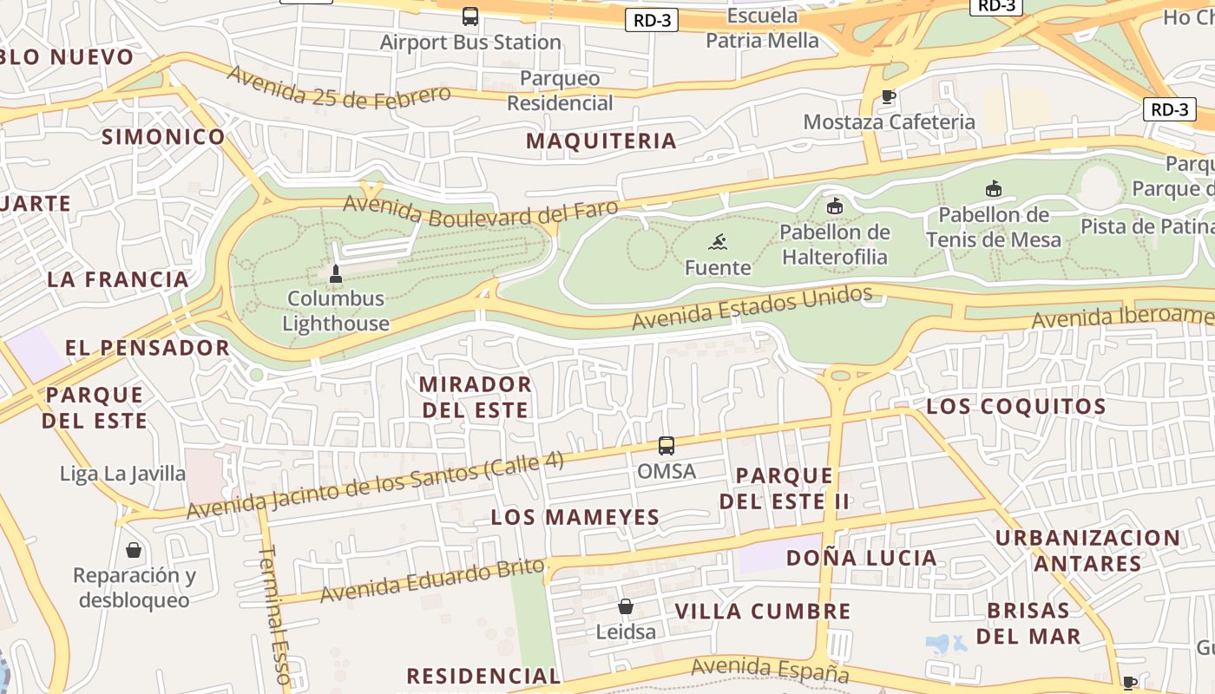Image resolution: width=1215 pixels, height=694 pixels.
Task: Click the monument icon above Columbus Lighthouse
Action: coord(336,274)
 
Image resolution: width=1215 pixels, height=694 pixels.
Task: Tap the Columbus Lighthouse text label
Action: coord(336,311)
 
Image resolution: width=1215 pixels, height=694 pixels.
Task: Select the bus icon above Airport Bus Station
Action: coord(470,16)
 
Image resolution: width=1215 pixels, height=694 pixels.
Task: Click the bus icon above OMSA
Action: coord(667,446)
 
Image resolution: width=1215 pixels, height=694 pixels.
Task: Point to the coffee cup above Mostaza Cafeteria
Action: coord(888,97)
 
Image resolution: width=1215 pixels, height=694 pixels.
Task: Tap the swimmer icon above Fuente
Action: coord(718,242)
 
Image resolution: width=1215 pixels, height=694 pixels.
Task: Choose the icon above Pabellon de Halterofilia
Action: coord(834,206)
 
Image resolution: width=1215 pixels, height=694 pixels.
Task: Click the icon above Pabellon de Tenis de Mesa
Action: coord(994,189)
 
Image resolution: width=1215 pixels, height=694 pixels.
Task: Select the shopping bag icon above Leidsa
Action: coord(626,606)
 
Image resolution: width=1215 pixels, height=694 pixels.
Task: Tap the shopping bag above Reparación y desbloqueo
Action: coord(134,550)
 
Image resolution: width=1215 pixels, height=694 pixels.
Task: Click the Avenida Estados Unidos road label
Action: coord(752,308)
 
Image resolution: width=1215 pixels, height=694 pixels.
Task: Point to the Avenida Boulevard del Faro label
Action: coord(481,206)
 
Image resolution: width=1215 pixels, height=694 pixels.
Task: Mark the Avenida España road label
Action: coord(770,669)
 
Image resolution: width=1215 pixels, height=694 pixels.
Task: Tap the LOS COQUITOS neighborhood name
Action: coord(1016,406)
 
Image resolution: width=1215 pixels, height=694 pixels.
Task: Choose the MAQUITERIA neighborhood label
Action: coord(601,141)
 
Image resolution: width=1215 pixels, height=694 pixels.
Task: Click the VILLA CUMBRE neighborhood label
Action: coord(763,611)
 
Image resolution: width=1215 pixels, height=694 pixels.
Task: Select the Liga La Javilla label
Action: coord(122,474)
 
